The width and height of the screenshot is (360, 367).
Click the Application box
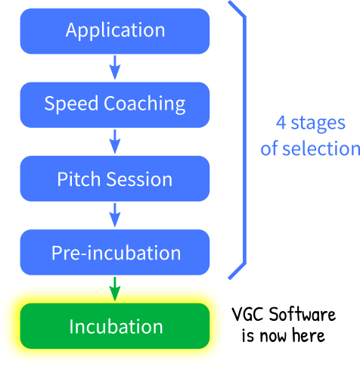(x=115, y=31)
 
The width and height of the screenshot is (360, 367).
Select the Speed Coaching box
(x=115, y=105)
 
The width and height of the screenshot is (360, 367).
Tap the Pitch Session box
(x=115, y=179)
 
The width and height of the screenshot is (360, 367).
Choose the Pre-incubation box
(x=115, y=252)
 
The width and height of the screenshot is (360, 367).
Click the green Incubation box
(x=115, y=326)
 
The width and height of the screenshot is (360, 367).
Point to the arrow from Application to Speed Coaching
(x=115, y=67)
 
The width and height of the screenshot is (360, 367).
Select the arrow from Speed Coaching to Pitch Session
(x=115, y=142)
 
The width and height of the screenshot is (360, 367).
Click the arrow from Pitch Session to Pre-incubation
(x=115, y=215)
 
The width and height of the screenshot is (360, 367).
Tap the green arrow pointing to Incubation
(x=115, y=288)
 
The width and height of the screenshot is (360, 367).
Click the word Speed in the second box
(x=71, y=104)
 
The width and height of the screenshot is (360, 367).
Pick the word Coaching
(x=144, y=104)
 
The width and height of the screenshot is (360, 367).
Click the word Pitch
(x=79, y=179)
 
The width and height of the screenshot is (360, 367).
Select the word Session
(x=139, y=179)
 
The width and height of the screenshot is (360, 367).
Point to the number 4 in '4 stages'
(x=281, y=123)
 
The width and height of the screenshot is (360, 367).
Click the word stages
(x=318, y=124)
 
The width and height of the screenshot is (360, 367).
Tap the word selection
(x=321, y=148)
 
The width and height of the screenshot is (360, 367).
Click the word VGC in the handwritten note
(x=248, y=314)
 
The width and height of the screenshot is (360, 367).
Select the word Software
(x=303, y=314)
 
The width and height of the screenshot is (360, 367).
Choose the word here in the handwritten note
(x=309, y=335)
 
